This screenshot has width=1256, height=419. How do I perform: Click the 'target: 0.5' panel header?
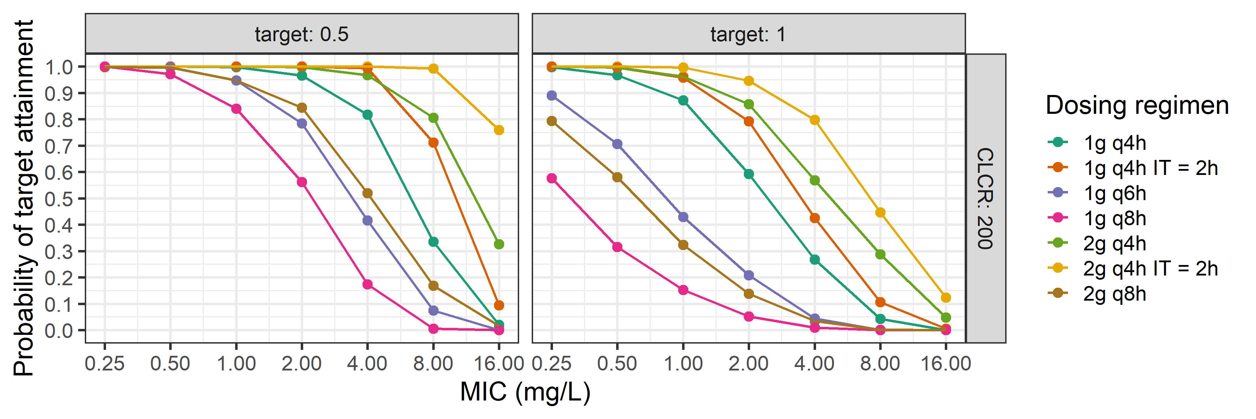(x=301, y=34)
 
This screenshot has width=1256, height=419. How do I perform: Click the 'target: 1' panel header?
(x=748, y=34)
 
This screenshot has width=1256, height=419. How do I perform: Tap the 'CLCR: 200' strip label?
(x=985, y=199)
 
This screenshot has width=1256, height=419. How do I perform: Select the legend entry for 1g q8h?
(x=1114, y=218)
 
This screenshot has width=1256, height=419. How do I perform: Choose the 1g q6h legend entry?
(x=1114, y=193)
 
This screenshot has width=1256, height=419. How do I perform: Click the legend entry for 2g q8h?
(x=1114, y=294)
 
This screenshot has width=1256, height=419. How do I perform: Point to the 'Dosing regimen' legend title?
(x=1137, y=105)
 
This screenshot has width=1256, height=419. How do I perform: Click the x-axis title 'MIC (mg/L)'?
(x=525, y=392)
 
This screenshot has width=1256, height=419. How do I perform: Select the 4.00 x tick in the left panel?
(x=367, y=363)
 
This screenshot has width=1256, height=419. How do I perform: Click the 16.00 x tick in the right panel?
(x=945, y=363)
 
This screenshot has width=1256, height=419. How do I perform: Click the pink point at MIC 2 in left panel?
(x=302, y=182)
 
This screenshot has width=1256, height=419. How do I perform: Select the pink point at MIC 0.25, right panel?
(x=552, y=178)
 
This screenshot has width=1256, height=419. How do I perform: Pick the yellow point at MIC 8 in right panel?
(x=880, y=213)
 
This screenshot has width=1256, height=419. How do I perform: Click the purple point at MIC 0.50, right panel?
(x=617, y=144)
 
